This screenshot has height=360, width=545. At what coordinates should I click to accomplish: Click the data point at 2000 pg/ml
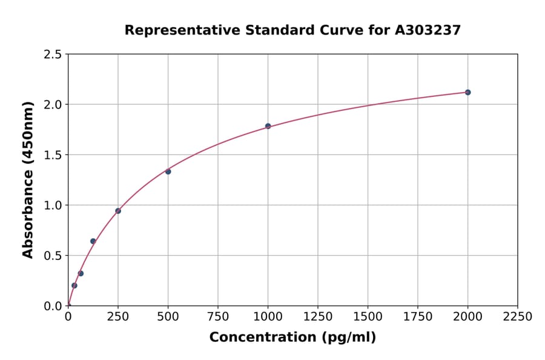point(467,92)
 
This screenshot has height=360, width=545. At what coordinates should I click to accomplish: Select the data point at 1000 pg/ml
point(268,126)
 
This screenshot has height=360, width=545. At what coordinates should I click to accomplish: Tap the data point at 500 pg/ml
point(168,172)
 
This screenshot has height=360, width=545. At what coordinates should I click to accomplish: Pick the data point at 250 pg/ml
point(118,211)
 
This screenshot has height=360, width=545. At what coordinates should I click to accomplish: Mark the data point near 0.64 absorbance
point(93,241)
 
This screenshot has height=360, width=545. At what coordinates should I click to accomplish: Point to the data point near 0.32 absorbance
point(81,273)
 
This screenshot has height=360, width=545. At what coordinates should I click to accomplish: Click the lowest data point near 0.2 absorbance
point(74,285)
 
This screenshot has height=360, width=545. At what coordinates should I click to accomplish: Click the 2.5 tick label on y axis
point(53,55)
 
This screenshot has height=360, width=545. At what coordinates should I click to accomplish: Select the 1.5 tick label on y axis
point(53,155)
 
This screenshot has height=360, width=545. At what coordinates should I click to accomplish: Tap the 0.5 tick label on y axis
point(53,256)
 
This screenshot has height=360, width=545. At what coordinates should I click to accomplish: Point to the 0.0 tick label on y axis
point(53,306)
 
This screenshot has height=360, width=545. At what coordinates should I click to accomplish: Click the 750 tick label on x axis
point(218,317)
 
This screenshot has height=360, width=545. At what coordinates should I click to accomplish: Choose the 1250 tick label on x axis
point(318,317)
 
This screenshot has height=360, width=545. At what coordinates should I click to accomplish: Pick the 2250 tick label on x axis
point(517,317)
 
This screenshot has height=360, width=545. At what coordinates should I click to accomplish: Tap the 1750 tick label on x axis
point(418,317)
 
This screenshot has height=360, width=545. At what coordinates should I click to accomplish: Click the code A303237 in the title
point(428,30)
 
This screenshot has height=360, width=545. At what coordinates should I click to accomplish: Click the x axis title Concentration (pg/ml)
point(292,338)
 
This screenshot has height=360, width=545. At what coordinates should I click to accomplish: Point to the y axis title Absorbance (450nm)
point(28,180)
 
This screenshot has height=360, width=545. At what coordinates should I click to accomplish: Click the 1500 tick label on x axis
point(368,317)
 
